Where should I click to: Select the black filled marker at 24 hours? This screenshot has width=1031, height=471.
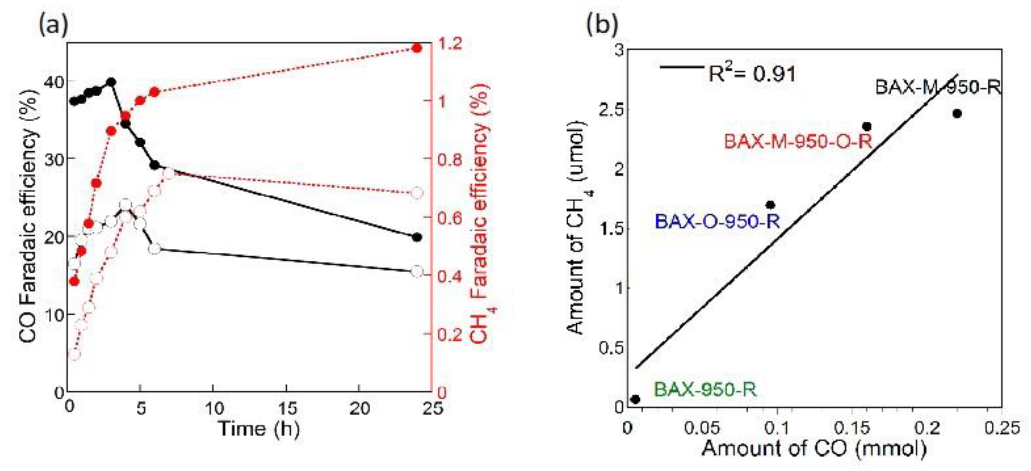click(417, 237)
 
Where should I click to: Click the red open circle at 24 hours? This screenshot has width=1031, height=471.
click(417, 193)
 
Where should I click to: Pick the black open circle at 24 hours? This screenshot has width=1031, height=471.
click(417, 271)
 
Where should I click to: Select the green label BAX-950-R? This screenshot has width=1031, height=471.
click(705, 389)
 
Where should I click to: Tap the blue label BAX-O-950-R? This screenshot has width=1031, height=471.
click(717, 221)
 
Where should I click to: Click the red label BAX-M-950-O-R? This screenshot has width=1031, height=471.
click(798, 142)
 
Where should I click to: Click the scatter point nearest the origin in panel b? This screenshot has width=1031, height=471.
click(635, 399)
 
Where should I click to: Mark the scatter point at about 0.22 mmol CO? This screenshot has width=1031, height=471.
click(957, 113)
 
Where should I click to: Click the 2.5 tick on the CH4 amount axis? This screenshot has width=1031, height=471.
click(611, 111)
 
